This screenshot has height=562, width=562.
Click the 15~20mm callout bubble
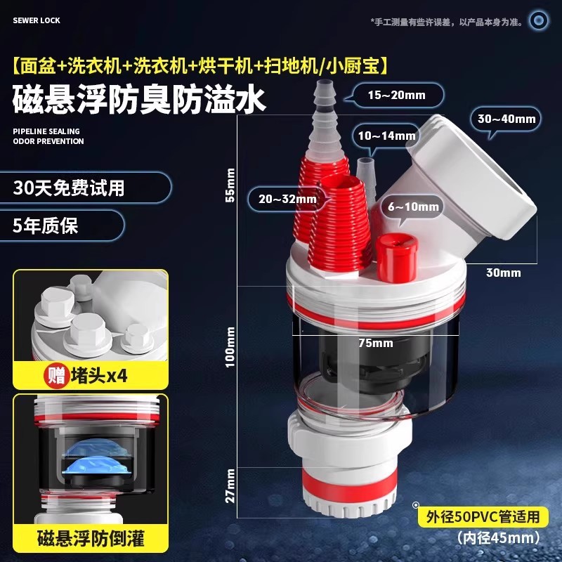(397, 95)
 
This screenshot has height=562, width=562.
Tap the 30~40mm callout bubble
(507, 119)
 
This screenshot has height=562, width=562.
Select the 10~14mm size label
(387, 136)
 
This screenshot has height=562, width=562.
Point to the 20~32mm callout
(287, 199)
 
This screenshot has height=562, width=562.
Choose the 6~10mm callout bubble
(412, 207)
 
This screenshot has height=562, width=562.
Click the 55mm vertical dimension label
(230, 185)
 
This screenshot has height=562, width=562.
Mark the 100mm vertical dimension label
(230, 347)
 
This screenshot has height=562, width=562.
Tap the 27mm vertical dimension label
(230, 485)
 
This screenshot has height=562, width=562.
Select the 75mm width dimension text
(376, 343)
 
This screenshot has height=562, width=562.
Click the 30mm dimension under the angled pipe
(504, 273)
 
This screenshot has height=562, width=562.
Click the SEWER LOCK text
(37, 20)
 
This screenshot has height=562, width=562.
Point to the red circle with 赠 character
(57, 376)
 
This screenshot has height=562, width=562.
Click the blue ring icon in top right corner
(539, 20)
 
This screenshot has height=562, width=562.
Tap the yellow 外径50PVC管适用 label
(483, 517)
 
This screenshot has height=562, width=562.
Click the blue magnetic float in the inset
(95, 459)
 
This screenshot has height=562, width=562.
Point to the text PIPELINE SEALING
(46, 131)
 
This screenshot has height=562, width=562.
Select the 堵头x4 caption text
(99, 376)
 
